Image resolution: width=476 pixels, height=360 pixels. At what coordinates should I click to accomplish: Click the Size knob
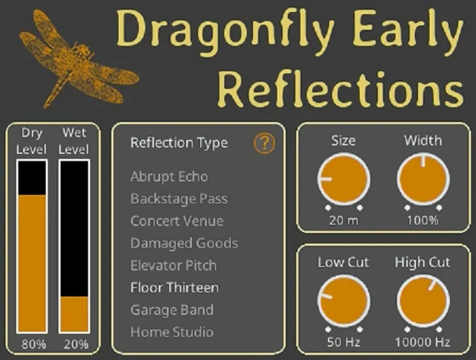tap(344, 180)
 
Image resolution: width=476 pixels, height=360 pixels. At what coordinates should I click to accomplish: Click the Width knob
tap(422, 180)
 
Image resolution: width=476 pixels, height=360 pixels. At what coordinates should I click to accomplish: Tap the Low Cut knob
tap(344, 300)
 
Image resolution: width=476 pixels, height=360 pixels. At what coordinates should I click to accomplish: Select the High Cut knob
tap(422, 300)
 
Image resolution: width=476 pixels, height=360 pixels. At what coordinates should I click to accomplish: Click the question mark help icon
tap(264, 144)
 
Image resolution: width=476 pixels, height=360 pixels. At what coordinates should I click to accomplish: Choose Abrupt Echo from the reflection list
tap(169, 177)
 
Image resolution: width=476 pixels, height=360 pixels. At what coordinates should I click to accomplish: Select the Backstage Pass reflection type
tap(178, 199)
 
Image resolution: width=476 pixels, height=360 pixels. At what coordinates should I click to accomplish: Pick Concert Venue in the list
tap(176, 221)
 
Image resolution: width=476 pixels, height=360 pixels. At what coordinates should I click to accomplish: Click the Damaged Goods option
tap(184, 243)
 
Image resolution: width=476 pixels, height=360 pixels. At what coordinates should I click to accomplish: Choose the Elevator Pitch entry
tap(173, 266)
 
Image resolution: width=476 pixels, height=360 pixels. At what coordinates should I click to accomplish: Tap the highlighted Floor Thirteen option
tap(174, 288)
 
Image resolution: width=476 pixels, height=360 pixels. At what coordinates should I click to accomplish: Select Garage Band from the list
tap(171, 310)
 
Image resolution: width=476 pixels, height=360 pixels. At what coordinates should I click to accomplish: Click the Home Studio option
tap(171, 332)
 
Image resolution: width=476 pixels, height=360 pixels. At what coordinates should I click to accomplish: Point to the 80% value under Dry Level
tap(33, 344)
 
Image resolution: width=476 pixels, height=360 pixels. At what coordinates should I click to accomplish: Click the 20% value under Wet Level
tap(75, 344)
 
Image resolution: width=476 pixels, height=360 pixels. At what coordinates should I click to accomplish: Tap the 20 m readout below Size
tap(344, 220)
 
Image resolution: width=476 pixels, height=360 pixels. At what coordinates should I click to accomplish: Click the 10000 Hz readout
tap(422, 343)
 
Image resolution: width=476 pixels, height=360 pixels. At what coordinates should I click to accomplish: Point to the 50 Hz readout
tap(344, 343)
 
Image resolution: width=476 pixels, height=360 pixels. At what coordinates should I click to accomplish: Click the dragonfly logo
tap(74, 57)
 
